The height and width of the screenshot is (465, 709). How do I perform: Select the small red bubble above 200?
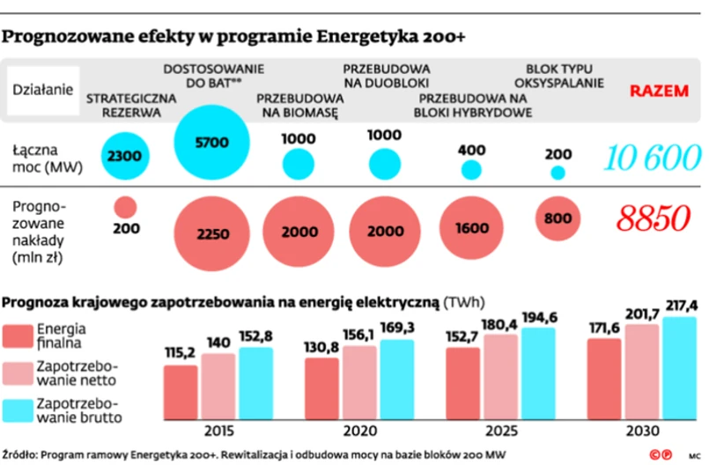(126, 207)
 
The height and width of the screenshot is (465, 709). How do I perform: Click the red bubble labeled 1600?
(471, 227)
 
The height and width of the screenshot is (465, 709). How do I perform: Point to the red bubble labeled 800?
(557, 218)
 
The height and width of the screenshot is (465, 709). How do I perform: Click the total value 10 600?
(646, 159)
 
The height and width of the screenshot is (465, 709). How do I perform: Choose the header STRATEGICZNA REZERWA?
(124, 105)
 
